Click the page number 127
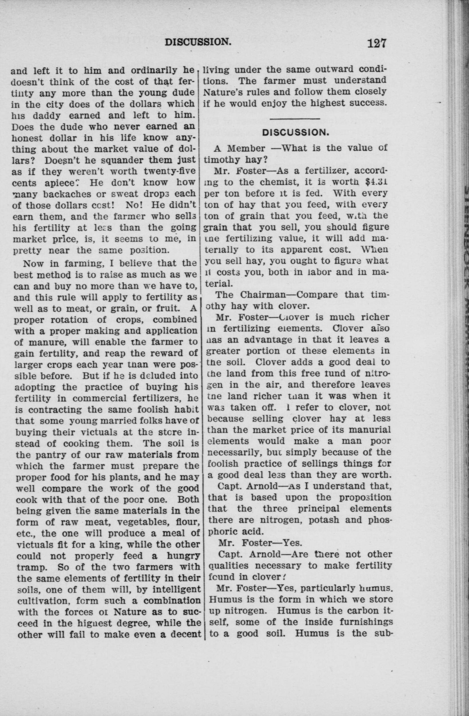(x=376, y=43)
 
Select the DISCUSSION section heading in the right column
(x=295, y=132)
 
